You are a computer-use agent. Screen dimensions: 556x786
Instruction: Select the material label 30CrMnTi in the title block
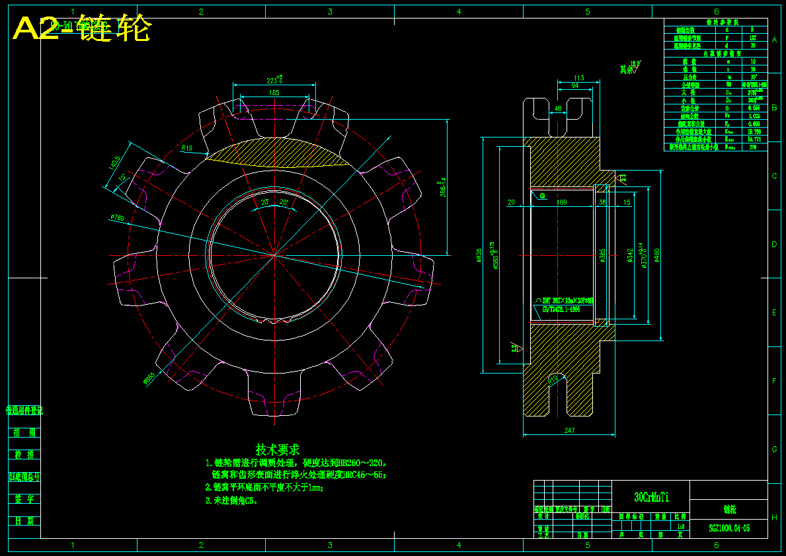click(x=651, y=497)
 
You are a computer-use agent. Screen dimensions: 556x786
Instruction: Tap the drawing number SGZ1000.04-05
click(x=729, y=528)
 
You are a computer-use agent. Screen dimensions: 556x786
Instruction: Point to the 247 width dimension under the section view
click(x=569, y=430)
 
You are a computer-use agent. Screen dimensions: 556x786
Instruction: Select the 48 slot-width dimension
click(x=558, y=108)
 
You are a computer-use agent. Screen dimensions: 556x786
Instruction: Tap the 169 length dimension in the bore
click(x=561, y=202)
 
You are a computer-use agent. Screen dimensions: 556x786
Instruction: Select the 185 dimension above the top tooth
click(x=274, y=93)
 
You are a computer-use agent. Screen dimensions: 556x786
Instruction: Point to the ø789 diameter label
click(x=118, y=218)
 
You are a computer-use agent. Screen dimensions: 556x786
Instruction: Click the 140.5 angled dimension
click(x=113, y=162)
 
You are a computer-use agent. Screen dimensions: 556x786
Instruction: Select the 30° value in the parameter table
click(x=753, y=77)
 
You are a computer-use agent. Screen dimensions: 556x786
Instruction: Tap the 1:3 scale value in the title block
click(x=681, y=527)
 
